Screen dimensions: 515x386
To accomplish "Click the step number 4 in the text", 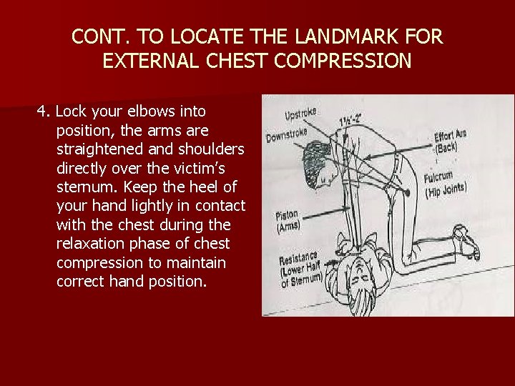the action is click(x=42, y=112).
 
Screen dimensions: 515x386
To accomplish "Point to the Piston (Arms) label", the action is click(x=288, y=222).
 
